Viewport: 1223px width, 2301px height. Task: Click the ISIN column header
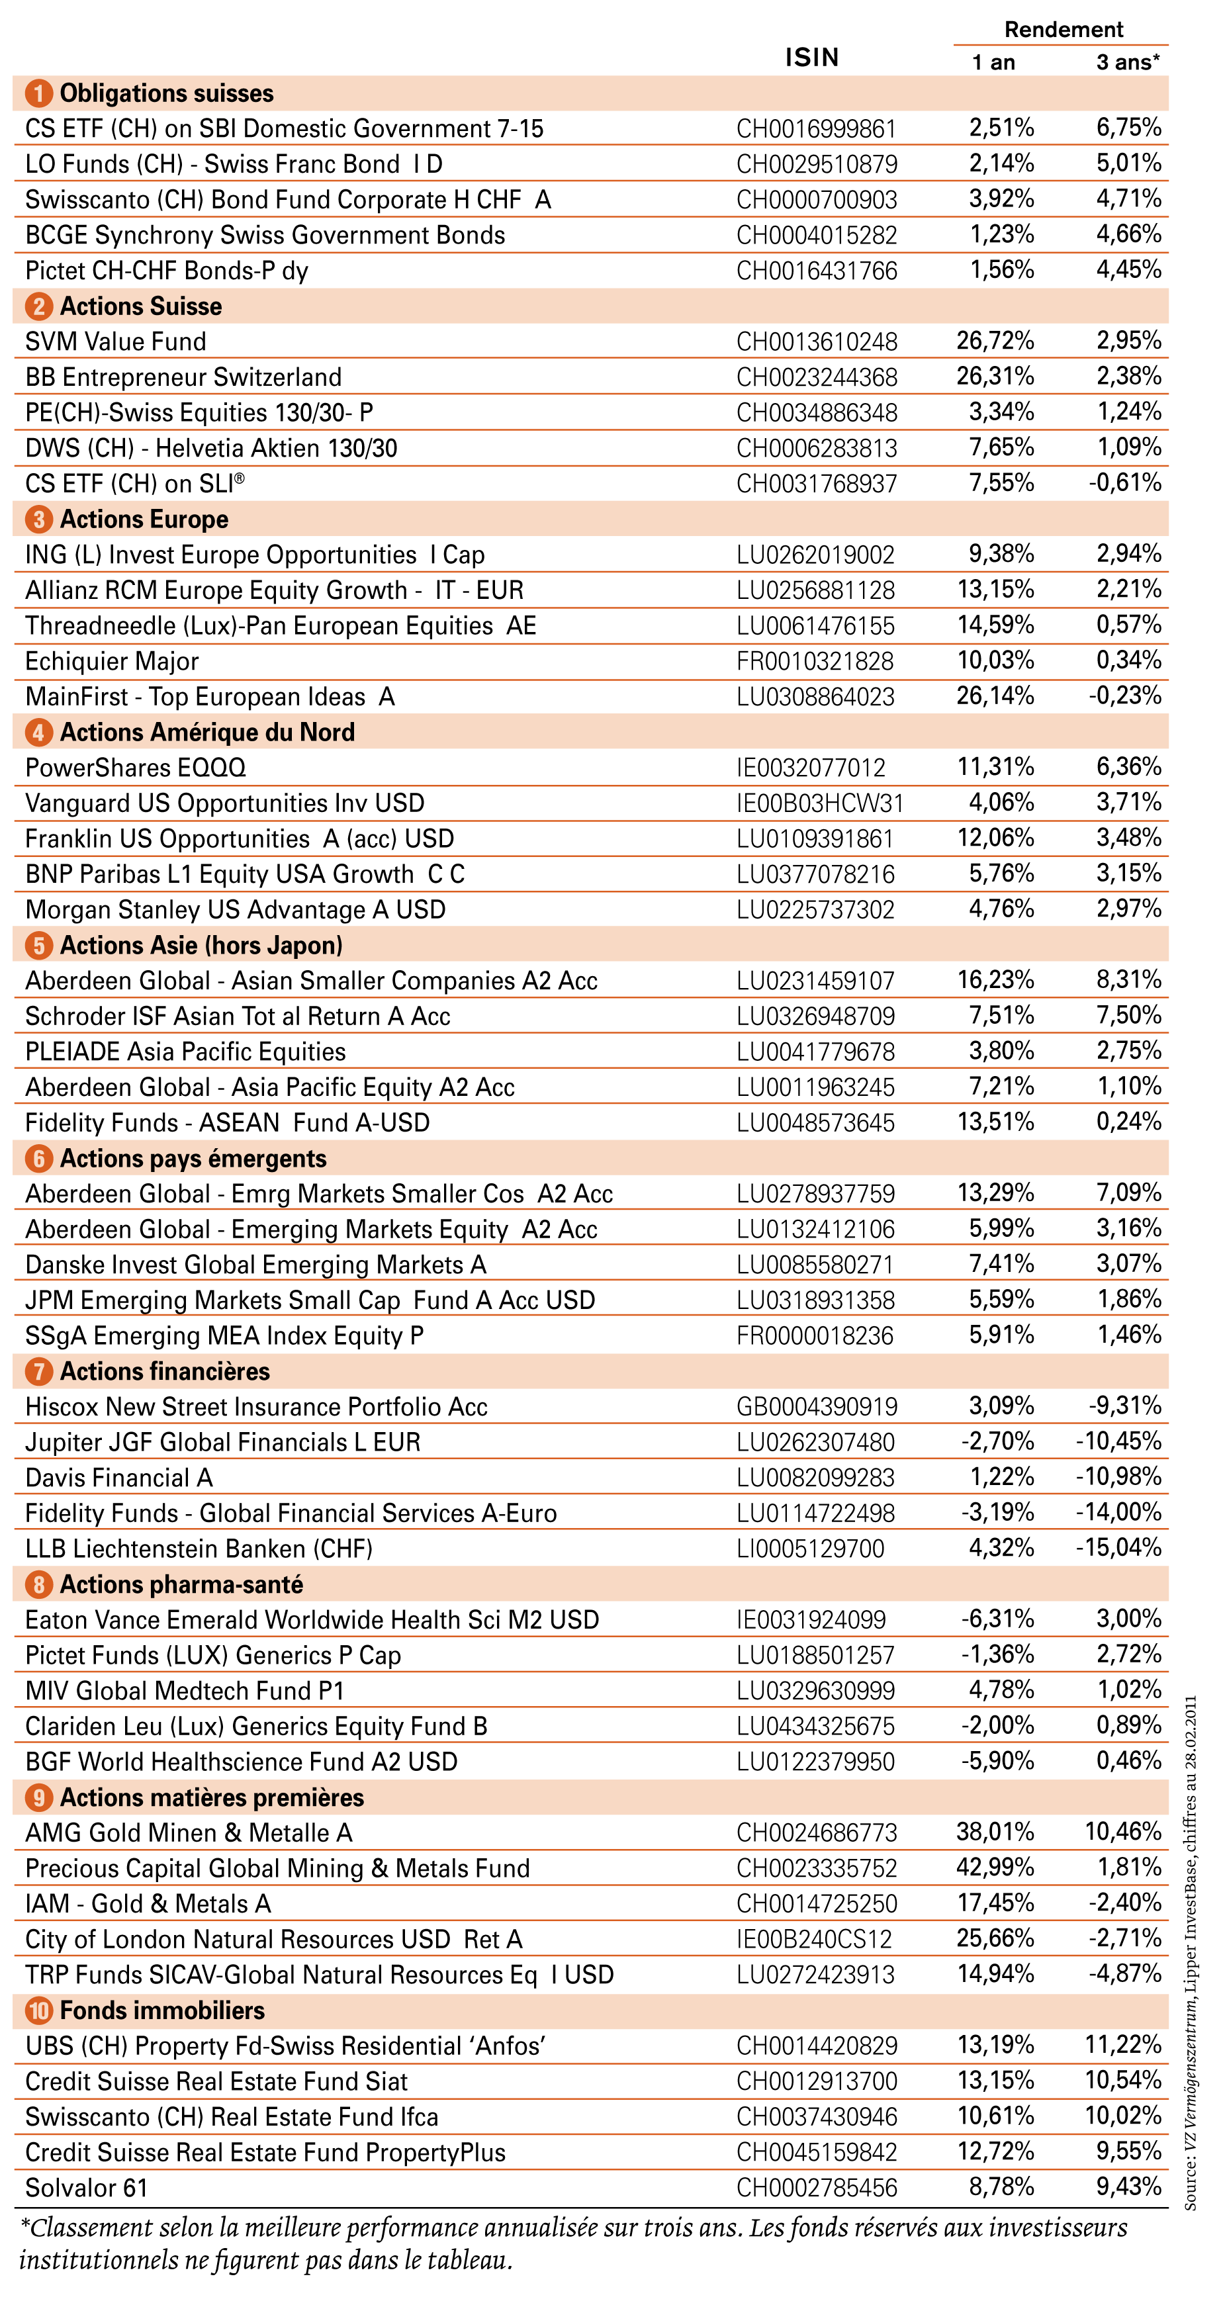click(811, 57)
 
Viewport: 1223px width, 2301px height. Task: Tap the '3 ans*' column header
click(1128, 62)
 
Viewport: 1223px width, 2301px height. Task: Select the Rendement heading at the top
click(1063, 30)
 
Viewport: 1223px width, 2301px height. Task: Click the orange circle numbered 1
click(38, 93)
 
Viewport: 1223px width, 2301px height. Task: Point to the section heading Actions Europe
click(144, 519)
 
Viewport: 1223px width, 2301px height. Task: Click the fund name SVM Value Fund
click(115, 341)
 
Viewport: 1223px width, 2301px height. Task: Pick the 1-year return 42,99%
click(995, 1867)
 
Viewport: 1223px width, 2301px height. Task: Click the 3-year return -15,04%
click(1118, 1547)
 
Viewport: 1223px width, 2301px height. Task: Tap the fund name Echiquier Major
click(112, 661)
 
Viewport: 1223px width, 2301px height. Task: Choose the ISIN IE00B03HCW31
click(820, 803)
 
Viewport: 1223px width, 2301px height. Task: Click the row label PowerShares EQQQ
click(136, 767)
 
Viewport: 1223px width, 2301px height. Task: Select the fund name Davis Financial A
click(119, 1478)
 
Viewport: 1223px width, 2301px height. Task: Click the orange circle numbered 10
click(38, 2010)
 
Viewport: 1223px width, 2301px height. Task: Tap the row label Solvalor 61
click(86, 2188)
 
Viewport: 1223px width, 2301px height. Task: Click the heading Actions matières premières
click(212, 1797)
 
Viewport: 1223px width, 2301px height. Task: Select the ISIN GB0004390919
click(817, 1407)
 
